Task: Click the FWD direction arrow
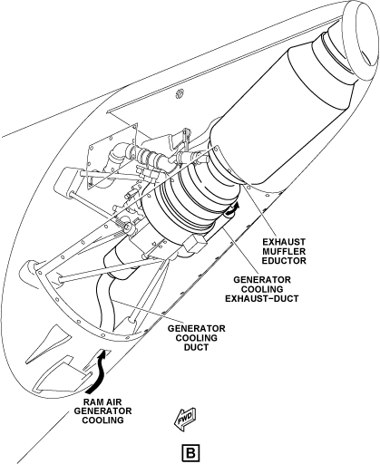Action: tap(185, 419)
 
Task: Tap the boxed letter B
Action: tap(190, 453)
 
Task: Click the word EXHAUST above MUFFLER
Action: tap(284, 242)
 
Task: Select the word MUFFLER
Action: tap(284, 251)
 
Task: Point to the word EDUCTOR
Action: tap(284, 260)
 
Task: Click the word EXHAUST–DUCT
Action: tap(261, 298)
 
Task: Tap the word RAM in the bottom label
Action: tap(91, 402)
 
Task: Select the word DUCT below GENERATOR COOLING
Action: tap(196, 347)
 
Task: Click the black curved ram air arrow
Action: tap(97, 371)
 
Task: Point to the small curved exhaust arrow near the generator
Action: tap(233, 210)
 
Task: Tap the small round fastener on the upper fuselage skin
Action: tap(179, 94)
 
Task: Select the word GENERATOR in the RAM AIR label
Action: tap(102, 411)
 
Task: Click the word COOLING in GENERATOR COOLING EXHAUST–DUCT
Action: tap(262, 289)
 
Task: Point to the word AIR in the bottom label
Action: tap(112, 402)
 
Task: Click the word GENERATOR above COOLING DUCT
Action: tap(197, 329)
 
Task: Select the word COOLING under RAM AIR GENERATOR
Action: tap(103, 420)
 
